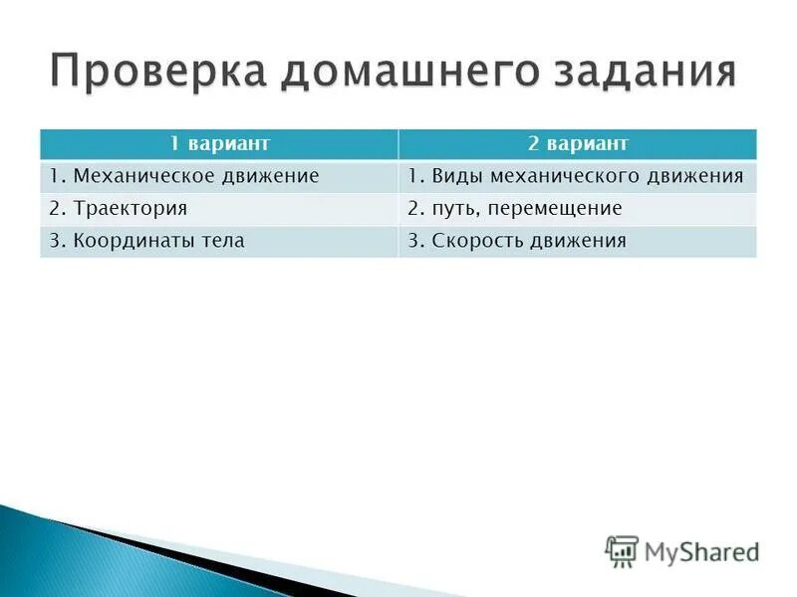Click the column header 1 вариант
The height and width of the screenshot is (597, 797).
(x=219, y=144)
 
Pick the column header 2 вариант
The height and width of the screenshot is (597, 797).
(x=578, y=144)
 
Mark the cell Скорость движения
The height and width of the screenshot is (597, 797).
(x=517, y=240)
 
